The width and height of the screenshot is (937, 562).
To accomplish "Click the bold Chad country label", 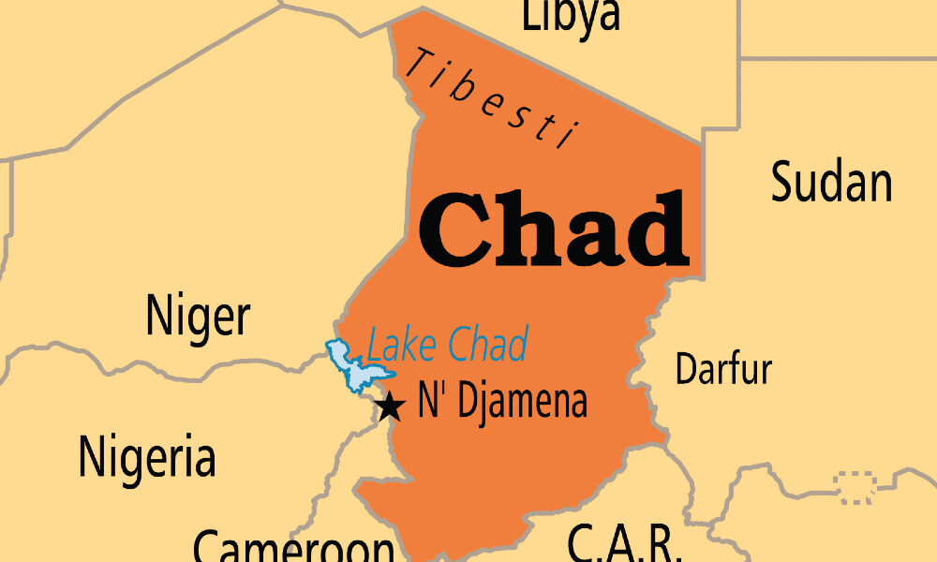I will coord(554,229).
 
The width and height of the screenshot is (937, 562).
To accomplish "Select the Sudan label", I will coord(830,183).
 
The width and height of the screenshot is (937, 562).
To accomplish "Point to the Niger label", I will coord(198,318).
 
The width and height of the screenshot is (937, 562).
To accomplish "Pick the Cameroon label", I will coord(293,545).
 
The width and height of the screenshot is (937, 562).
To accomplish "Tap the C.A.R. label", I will coord(622,543).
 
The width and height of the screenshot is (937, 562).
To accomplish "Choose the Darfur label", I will coord(723,368).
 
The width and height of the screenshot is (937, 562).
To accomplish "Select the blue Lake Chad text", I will coord(448,345).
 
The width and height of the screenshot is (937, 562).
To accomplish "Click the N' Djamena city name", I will coord(502,402).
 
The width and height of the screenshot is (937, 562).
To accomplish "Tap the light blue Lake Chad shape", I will coord(354,366).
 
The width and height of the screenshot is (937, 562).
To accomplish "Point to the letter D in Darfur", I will coord(684,369).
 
